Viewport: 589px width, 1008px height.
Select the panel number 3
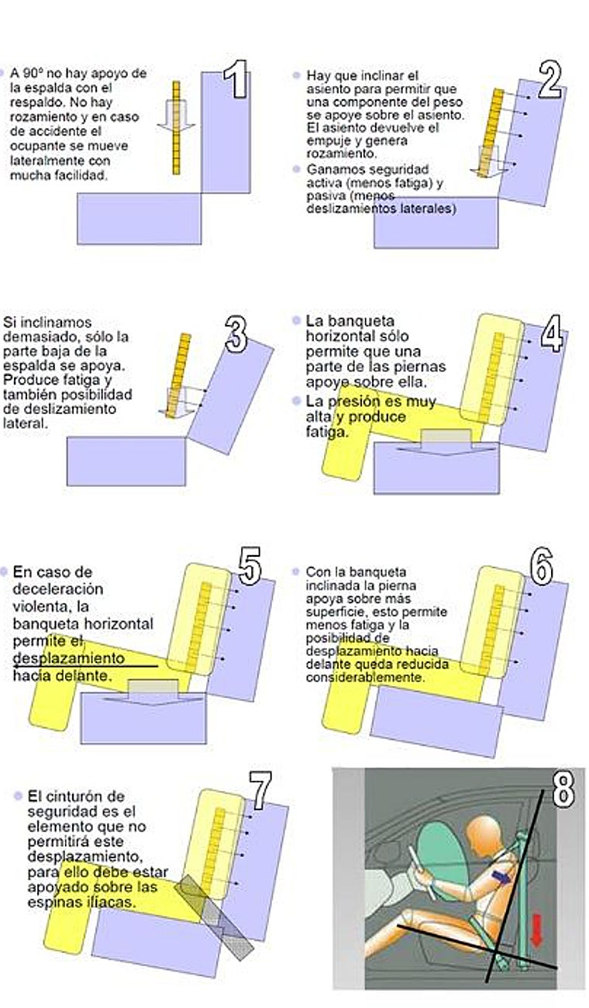coord(236,333)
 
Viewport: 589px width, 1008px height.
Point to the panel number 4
coord(551,333)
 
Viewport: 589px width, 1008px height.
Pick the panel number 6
coord(541,568)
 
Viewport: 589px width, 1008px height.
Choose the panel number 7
coord(259,791)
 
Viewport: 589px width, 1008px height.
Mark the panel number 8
coord(563,789)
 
